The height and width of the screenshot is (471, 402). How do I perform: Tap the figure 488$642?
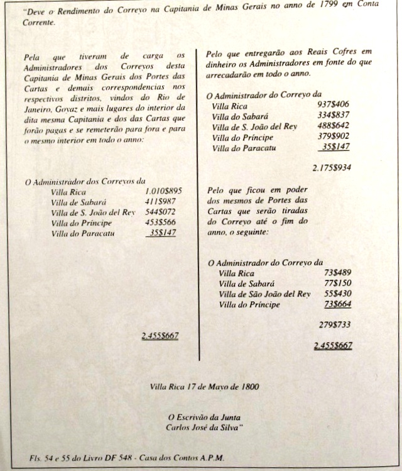point(334,126)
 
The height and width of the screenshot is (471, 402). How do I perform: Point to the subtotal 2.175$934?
point(331,168)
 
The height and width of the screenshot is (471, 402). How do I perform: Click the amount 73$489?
point(337,274)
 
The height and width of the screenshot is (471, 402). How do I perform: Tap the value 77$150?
point(337,284)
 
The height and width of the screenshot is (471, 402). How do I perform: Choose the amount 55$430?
point(337,294)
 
